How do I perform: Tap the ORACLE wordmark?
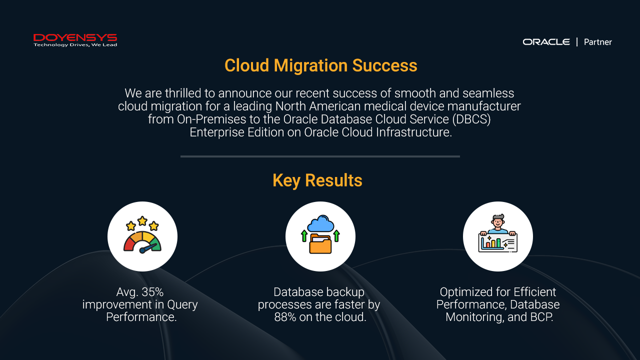[x=546, y=42]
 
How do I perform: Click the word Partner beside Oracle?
[x=597, y=42]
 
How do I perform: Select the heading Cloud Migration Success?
[x=320, y=65]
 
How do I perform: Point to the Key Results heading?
[x=317, y=180]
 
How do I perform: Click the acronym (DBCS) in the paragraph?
[x=471, y=119]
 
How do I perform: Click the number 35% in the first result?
[x=152, y=292]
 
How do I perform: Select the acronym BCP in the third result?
[x=541, y=317]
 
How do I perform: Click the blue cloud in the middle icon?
[x=321, y=223]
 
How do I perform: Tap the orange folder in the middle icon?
[x=320, y=243]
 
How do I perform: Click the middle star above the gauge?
[x=142, y=221]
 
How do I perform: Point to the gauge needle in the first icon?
[x=147, y=248]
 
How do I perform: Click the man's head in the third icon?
[x=498, y=221]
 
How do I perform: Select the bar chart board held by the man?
[x=497, y=243]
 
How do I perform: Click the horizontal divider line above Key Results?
[x=320, y=156]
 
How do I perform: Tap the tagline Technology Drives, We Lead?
[x=75, y=45]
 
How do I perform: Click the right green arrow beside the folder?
[x=336, y=236]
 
